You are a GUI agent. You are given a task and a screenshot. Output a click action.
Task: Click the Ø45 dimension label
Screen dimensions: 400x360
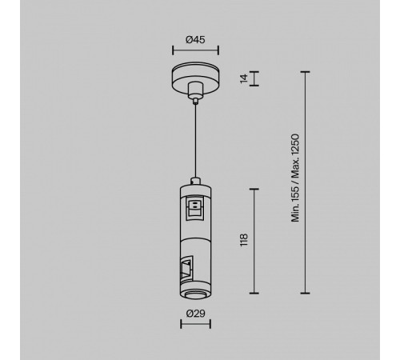(195, 40)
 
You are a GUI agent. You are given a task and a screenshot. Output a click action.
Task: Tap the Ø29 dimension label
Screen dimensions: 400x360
(196, 314)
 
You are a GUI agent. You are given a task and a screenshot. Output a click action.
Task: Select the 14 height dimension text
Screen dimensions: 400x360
(244, 78)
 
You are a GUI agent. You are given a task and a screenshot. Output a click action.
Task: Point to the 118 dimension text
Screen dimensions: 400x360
(244, 240)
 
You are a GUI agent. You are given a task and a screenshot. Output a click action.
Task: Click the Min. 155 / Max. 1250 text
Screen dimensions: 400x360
(295, 178)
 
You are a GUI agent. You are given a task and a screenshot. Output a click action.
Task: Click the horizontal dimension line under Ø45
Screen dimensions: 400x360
(195, 50)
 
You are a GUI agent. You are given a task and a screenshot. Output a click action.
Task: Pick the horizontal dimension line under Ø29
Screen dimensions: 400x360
(195, 324)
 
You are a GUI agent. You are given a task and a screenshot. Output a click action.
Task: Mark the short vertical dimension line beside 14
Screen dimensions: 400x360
(254, 78)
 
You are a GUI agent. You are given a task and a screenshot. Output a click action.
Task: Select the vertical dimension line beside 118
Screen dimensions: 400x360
(254, 241)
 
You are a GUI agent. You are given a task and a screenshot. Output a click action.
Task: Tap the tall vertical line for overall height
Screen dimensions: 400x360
(305, 182)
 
